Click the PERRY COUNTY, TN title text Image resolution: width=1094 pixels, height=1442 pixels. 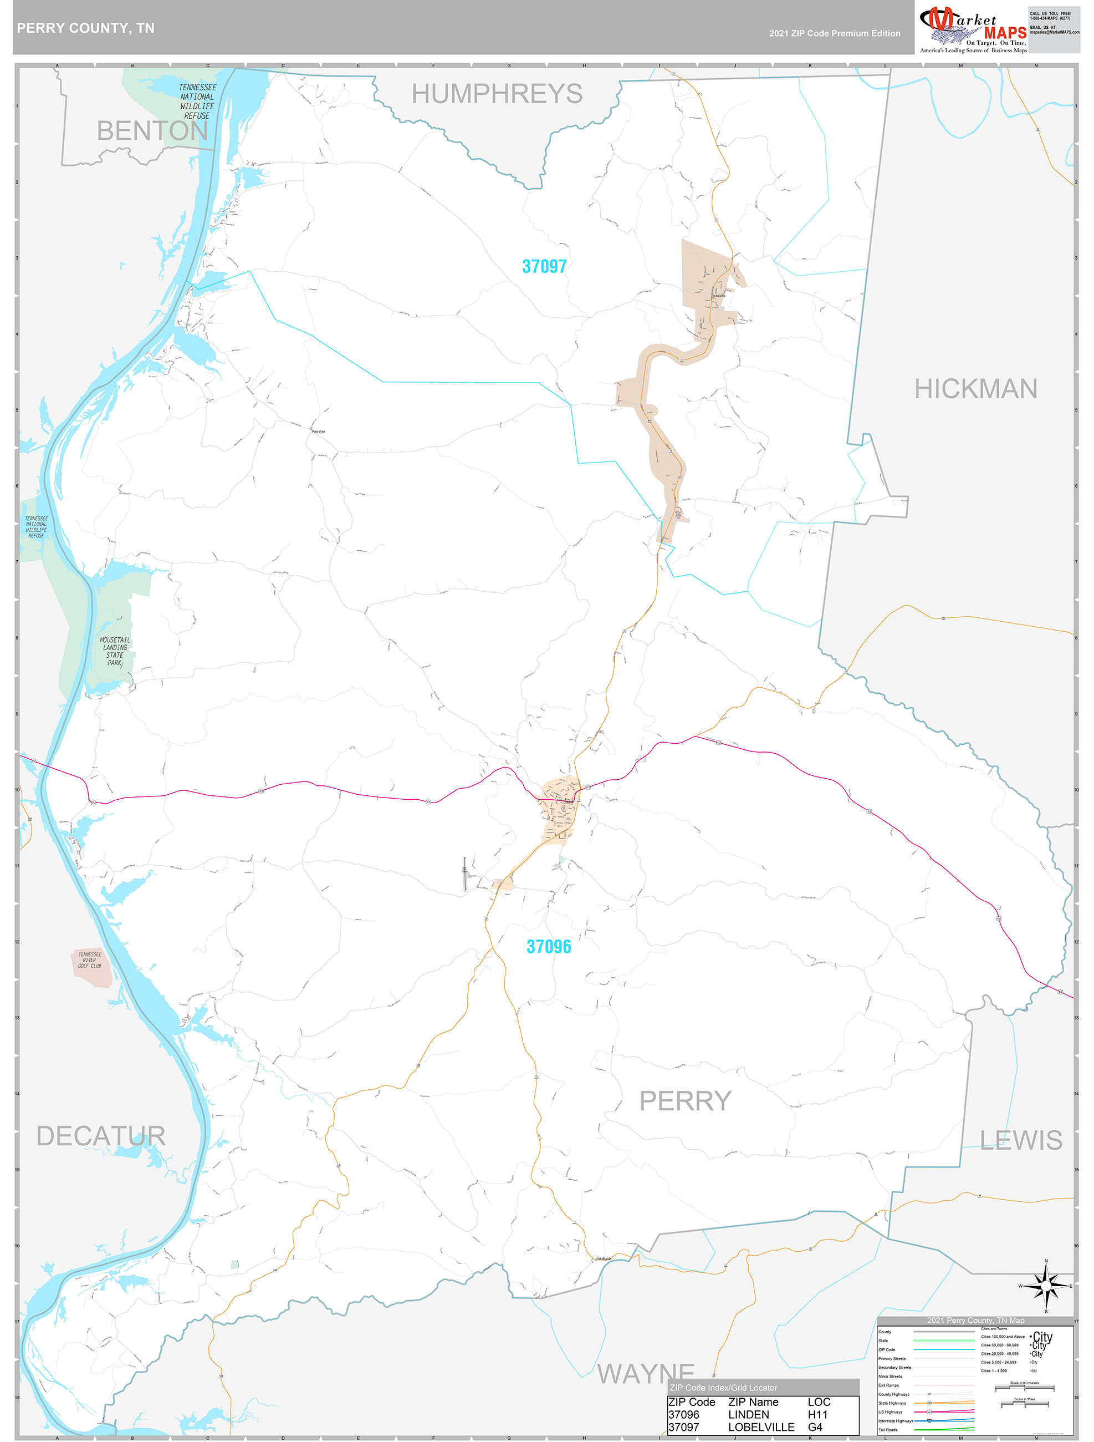[x=85, y=28]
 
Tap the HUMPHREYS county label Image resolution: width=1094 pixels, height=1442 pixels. [x=497, y=94]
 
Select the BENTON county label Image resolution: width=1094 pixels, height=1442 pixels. [x=152, y=131]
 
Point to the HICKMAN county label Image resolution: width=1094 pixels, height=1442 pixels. [x=975, y=389]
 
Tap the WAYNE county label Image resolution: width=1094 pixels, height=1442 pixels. [x=646, y=1374]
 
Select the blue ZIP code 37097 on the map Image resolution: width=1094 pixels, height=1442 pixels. [x=544, y=266]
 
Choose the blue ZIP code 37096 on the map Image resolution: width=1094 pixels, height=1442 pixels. [x=549, y=947]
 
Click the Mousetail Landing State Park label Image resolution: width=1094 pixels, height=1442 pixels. [x=115, y=651]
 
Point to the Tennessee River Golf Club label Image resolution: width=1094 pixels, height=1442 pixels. [x=90, y=960]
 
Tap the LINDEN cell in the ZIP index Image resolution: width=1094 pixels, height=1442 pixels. [x=748, y=1415]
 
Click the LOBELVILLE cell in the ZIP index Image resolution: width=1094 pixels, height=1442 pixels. [x=760, y=1427]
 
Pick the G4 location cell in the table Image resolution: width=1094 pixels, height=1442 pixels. [x=815, y=1427]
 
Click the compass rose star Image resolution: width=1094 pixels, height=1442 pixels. [x=1046, y=1286]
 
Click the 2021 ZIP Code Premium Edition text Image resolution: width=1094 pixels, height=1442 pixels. [x=834, y=33]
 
